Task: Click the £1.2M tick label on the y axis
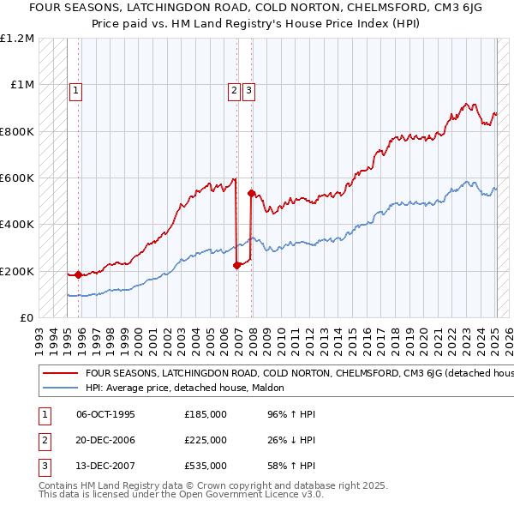(x=17, y=39)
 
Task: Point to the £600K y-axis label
(x=17, y=178)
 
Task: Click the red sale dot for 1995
(x=78, y=274)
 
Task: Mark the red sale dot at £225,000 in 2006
(x=236, y=266)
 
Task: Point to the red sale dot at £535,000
(x=251, y=193)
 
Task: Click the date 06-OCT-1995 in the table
(x=106, y=414)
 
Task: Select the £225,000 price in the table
(x=206, y=440)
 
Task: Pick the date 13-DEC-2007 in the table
(x=106, y=466)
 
